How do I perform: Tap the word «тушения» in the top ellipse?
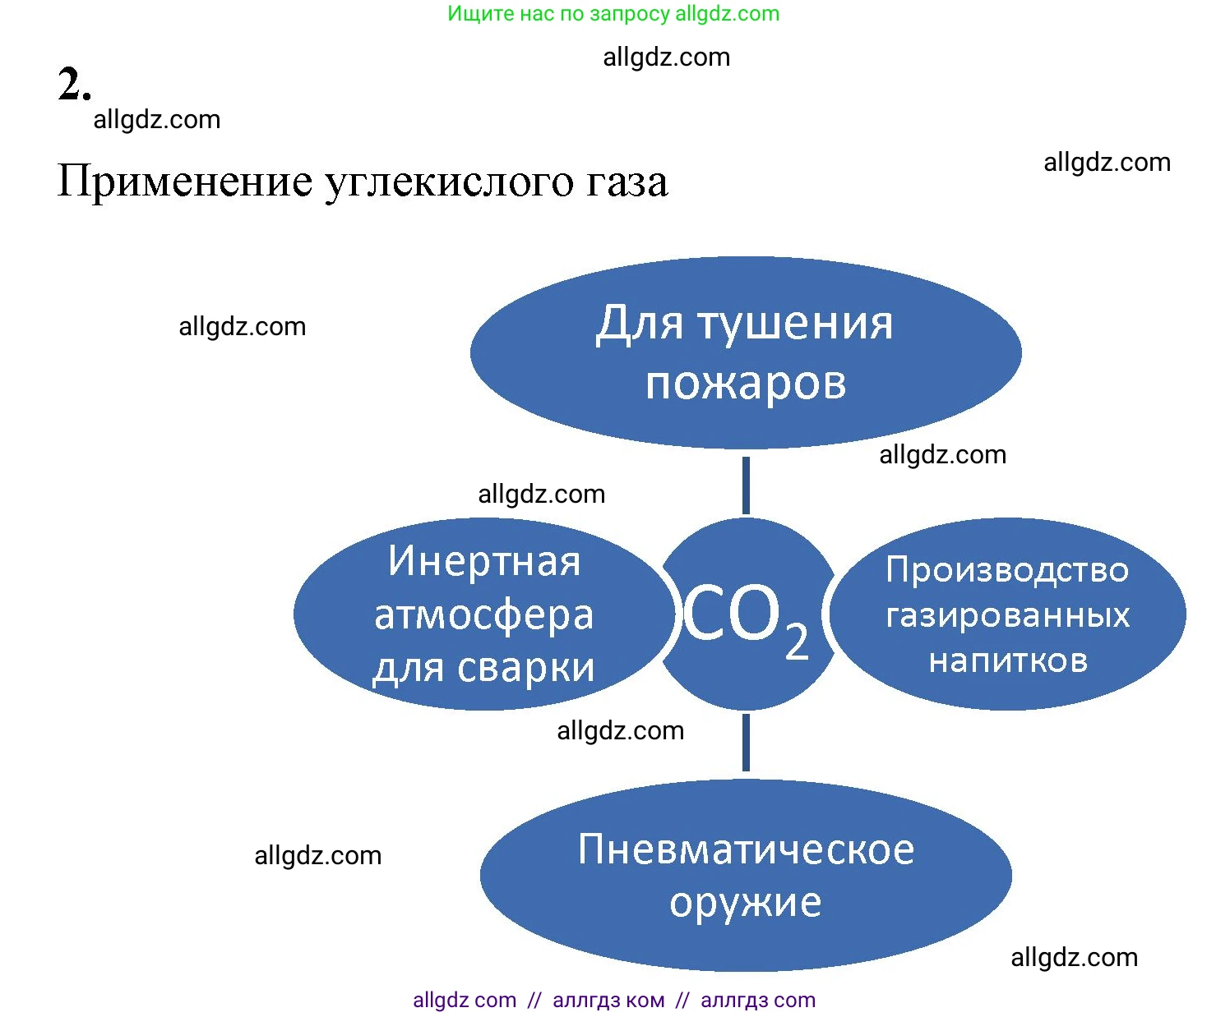[796, 324]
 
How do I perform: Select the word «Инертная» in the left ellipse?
[484, 560]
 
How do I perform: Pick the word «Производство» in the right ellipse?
[1007, 570]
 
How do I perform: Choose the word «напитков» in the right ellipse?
[1008, 661]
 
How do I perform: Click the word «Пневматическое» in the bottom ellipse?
[746, 850]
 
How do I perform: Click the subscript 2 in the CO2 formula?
[797, 642]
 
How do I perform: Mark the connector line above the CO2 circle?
[746, 485]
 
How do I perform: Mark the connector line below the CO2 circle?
[746, 742]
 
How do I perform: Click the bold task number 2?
[74, 84]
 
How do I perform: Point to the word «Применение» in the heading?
[184, 181]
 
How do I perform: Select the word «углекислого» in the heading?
[450, 182]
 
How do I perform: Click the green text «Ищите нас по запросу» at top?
[558, 13]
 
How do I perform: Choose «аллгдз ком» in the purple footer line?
[608, 1000]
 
